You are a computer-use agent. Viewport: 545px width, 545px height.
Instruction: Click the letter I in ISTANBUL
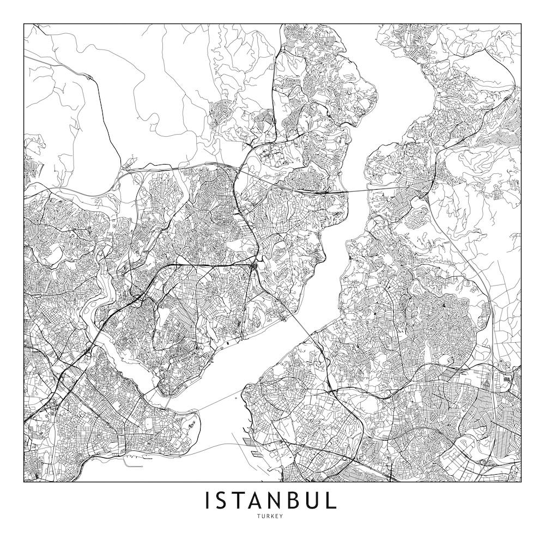pos(208,501)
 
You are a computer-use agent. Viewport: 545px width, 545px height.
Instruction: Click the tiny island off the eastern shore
pos(235,398)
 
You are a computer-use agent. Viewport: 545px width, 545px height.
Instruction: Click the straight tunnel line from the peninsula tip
pos(218,403)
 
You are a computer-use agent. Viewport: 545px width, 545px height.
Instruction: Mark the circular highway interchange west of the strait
pos(255,267)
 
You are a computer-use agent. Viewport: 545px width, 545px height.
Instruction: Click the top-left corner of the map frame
pos(24,24)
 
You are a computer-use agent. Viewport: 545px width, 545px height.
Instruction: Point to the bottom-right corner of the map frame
pos(521,482)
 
